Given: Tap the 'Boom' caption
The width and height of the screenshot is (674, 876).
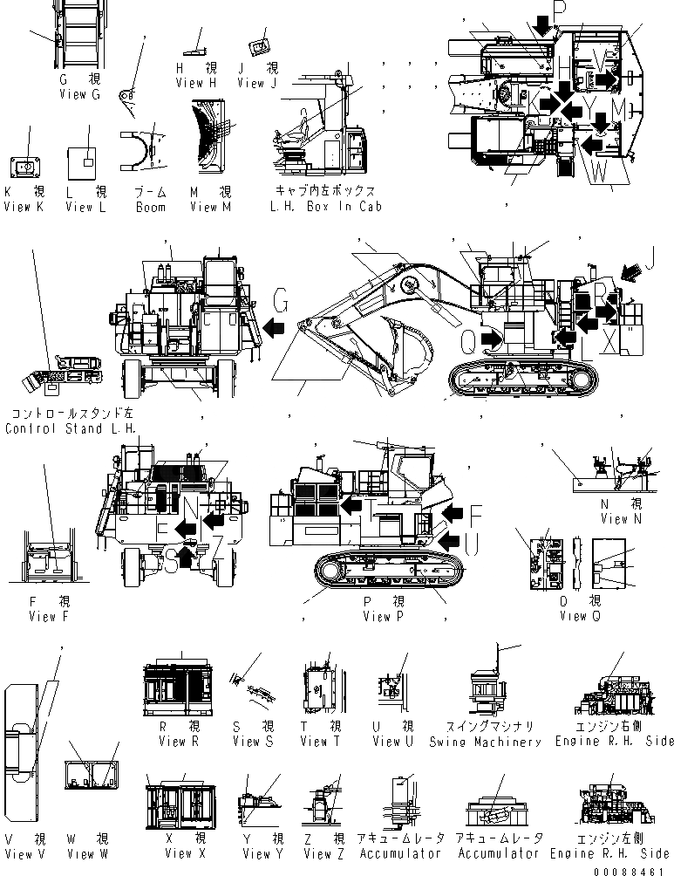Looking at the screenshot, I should pos(150,208).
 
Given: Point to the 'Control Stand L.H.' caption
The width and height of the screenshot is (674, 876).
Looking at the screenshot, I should pos(71,428).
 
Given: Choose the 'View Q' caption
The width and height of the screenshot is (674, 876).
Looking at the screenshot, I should pos(573,616).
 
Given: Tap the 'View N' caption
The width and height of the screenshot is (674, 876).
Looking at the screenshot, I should pos(614,519).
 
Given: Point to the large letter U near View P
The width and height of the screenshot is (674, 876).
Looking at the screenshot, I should pos(472,546).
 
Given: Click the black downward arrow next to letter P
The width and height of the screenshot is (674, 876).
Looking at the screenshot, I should pos(543,28).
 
